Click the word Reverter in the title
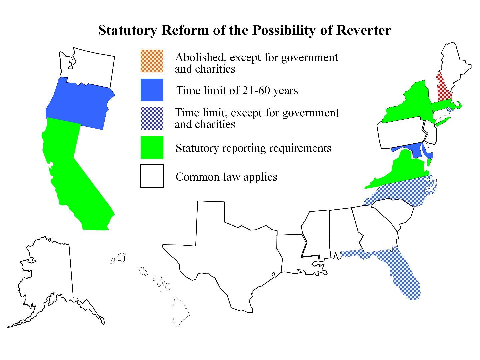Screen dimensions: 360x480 pyautogui.click(x=363, y=30)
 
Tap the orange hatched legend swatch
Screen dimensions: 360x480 pyautogui.click(x=152, y=61)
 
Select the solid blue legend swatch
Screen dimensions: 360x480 pyautogui.click(x=152, y=90)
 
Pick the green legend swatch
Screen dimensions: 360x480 pyautogui.click(x=152, y=147)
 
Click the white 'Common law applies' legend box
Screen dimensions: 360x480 pyautogui.click(x=152, y=176)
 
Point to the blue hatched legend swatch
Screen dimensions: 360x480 pyautogui.click(x=152, y=118)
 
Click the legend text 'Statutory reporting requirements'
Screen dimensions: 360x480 pyautogui.click(x=253, y=148)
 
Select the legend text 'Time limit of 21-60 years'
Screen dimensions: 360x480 pyautogui.click(x=237, y=90)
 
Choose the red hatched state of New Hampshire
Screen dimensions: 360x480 pyautogui.click(x=443, y=88)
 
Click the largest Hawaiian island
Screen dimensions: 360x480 pyautogui.click(x=180, y=312)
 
